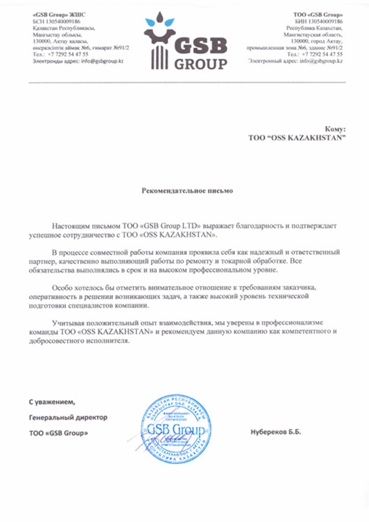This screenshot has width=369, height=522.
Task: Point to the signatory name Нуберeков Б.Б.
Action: coord(276,432)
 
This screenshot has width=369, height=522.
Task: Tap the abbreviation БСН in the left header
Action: coord(38,21)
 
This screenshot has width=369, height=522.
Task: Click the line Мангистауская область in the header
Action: coord(313,34)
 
